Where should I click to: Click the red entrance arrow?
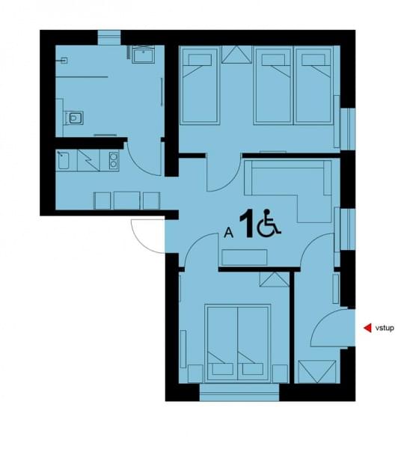pyautogui.click(x=368, y=328)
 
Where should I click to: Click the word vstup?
pyautogui.click(x=385, y=328)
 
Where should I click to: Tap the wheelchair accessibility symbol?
pyautogui.click(x=269, y=223)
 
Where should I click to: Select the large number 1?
pyautogui.click(x=247, y=223)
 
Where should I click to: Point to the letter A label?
pyautogui.click(x=228, y=232)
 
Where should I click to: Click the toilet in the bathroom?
pyautogui.click(x=76, y=117)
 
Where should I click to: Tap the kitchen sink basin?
pyautogui.click(x=64, y=160)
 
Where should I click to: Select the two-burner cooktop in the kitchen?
pyautogui.click(x=114, y=160)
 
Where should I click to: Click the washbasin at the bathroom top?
pyautogui.click(x=144, y=55)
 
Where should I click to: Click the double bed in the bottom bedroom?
pyautogui.click(x=238, y=343)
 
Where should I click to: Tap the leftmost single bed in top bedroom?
pyautogui.click(x=200, y=85)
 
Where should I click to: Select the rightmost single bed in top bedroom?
pyautogui.click(x=313, y=85)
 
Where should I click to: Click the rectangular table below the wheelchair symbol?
pyautogui.click(x=245, y=257)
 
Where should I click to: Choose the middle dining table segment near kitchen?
pyautogui.click(x=126, y=201)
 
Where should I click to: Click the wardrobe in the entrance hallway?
pyautogui.click(x=316, y=372)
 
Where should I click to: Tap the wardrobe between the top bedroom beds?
pyautogui.click(x=236, y=54)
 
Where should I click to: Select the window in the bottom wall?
pyautogui.click(x=239, y=392)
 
